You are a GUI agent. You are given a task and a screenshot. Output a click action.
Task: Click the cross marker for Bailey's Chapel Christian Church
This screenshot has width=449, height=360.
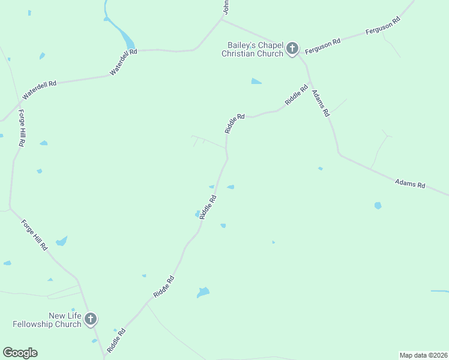pos(292,48)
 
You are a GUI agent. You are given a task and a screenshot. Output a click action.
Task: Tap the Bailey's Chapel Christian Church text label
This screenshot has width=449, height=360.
pos(252,49)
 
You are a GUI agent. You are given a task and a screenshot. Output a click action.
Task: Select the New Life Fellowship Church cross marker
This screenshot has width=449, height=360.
pos(90,319)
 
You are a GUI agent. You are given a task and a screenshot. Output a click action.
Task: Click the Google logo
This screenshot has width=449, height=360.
pos(20,353)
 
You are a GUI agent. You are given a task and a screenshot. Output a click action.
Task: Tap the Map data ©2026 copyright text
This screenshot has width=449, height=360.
pos(423,355)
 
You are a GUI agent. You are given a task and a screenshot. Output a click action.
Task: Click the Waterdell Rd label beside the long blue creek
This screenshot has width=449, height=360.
pos(124,62)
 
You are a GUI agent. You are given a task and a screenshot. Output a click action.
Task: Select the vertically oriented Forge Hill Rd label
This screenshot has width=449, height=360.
pos(22,128)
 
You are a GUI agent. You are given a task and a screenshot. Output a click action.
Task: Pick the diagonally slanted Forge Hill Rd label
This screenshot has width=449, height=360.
pos(34,235)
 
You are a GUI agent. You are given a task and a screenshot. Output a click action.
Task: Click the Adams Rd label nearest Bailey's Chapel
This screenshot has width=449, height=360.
pos(321,103)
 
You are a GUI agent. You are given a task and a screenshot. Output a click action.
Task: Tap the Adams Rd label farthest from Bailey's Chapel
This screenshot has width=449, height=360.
pos(410,184)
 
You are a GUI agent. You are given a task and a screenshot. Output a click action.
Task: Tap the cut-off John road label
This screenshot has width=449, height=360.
pos(226,7)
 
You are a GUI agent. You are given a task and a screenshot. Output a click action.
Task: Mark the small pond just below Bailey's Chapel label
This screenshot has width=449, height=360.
pos(256,81)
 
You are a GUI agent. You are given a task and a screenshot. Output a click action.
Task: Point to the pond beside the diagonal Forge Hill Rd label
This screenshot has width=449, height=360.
pos(61,241)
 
